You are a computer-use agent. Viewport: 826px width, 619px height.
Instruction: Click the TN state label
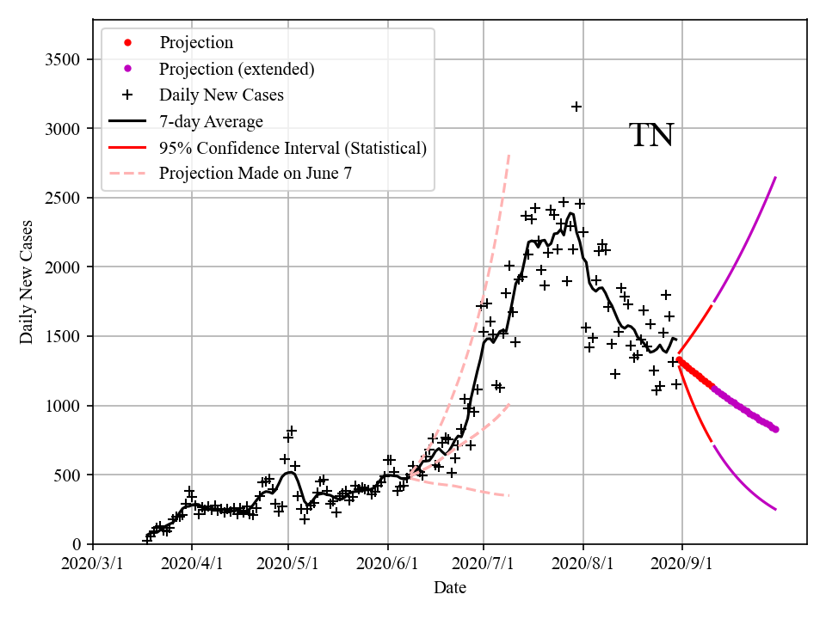[x=651, y=136]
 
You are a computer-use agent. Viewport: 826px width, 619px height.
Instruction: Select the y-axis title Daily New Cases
[x=27, y=282]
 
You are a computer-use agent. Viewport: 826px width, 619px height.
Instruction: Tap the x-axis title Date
[x=450, y=588]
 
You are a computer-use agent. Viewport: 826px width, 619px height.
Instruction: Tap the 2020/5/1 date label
[x=288, y=564]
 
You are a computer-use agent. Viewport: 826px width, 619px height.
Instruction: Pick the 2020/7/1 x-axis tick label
[x=484, y=564]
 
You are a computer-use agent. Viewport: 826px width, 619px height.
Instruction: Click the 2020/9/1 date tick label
[x=682, y=564]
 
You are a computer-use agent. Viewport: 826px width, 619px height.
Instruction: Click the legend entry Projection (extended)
[x=237, y=69]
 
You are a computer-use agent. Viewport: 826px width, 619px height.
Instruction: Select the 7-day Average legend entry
[x=211, y=121]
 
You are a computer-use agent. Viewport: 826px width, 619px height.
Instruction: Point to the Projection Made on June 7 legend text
[x=256, y=174]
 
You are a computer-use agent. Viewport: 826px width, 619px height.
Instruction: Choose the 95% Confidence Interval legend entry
[x=293, y=148]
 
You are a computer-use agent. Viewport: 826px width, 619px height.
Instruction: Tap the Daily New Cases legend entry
[x=221, y=95]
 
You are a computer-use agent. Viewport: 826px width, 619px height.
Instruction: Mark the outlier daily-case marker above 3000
[x=576, y=107]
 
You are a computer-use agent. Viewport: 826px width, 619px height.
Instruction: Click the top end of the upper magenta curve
[x=776, y=177]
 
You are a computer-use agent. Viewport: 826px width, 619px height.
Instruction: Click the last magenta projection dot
[x=775, y=429]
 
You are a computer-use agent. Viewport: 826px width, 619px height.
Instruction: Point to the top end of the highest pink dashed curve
[x=509, y=155]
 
